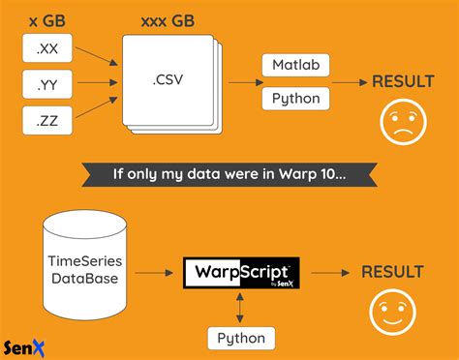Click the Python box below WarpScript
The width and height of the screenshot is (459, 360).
click(x=241, y=338)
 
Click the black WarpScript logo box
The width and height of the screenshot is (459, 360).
click(x=241, y=271)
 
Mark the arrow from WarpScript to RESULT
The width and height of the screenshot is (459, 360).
click(x=329, y=271)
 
